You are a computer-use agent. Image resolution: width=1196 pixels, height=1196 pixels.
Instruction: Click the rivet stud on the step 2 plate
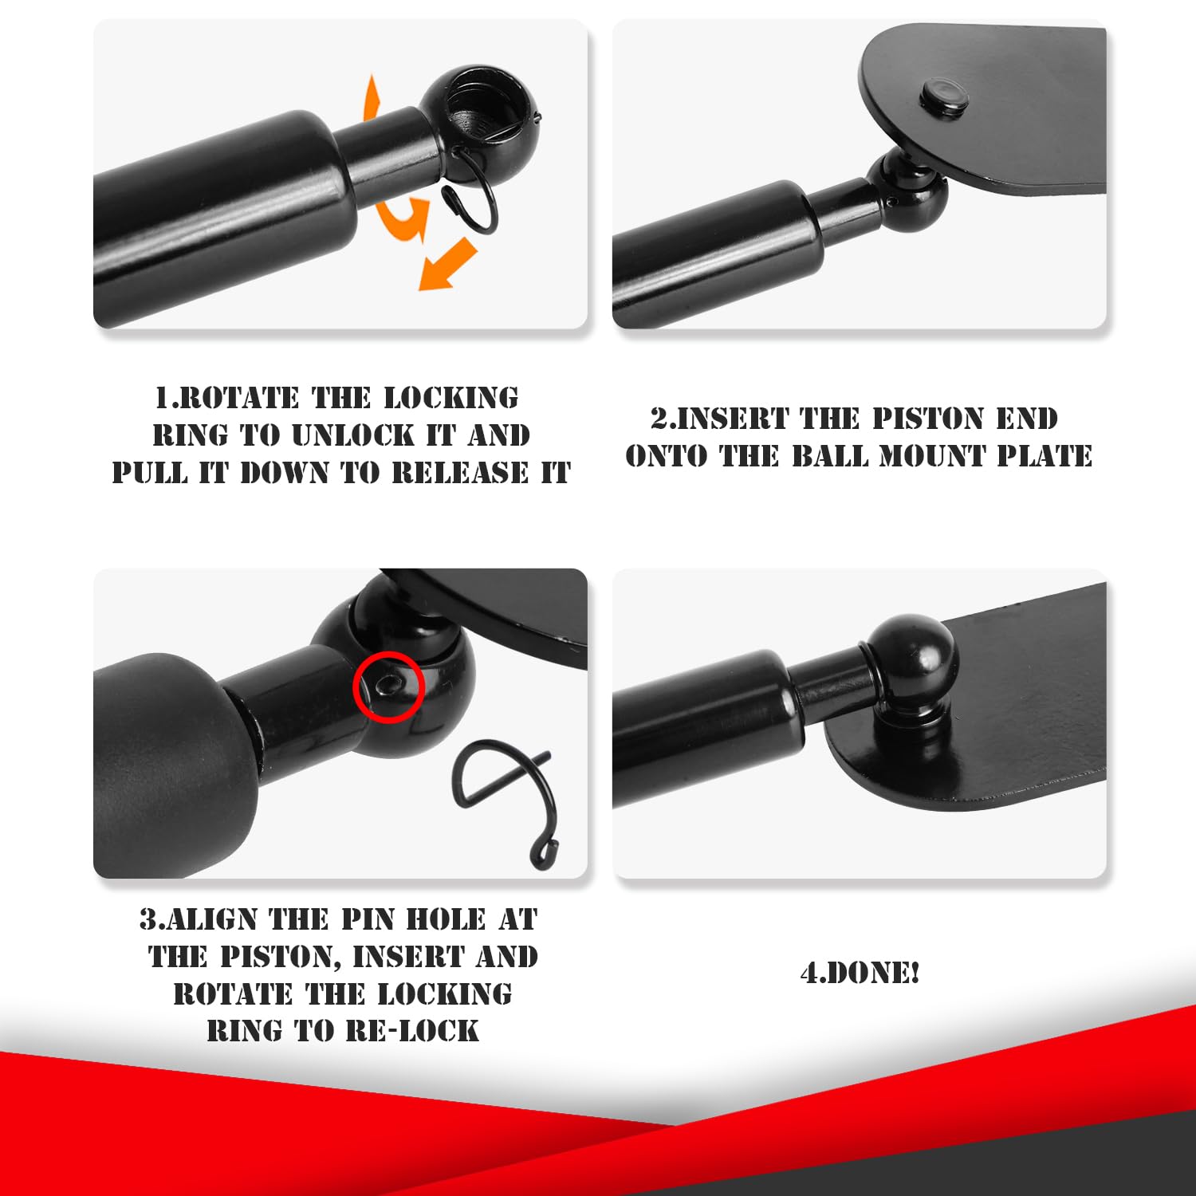tap(944, 96)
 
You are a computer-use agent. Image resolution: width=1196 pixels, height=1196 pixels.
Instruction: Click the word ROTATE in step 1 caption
tap(227, 398)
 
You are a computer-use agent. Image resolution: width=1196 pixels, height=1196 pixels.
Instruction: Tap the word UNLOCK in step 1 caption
tap(353, 435)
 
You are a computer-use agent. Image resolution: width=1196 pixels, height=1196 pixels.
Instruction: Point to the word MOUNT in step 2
tap(932, 456)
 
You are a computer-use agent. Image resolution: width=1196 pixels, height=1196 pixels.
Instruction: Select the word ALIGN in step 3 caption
tap(211, 919)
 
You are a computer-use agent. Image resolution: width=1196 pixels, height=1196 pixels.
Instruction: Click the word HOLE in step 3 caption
tap(446, 919)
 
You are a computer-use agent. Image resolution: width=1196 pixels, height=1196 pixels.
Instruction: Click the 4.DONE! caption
tap(860, 974)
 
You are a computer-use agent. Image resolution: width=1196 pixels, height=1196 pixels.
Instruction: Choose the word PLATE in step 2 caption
tap(1045, 456)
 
